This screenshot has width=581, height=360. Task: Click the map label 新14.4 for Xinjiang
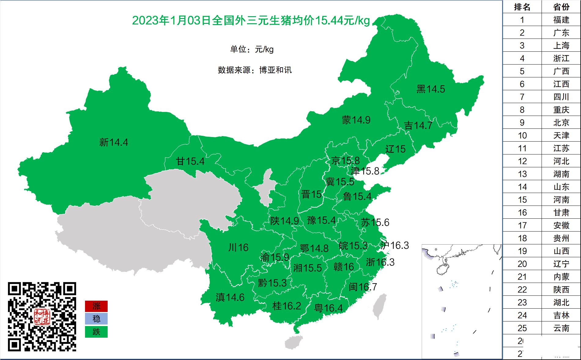(x=113, y=142)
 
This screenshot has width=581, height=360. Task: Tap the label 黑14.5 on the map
(x=431, y=89)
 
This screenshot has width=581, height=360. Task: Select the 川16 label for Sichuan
(x=238, y=247)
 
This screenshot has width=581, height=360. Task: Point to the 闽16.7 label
(x=363, y=287)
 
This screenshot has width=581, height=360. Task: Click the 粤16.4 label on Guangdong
(x=328, y=308)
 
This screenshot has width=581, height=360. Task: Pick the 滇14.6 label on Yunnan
(x=230, y=297)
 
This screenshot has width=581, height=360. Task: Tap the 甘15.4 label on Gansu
(x=190, y=161)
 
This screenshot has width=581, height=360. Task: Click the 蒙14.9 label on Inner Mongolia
(x=356, y=120)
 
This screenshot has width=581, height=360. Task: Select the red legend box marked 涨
(x=96, y=306)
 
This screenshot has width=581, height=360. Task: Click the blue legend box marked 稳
(x=96, y=319)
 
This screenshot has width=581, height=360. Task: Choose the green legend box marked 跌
(x=96, y=332)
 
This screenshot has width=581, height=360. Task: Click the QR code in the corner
(x=42, y=317)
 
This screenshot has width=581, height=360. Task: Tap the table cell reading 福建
(x=561, y=20)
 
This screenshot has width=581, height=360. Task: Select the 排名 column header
(x=522, y=7)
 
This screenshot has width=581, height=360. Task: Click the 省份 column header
(x=561, y=7)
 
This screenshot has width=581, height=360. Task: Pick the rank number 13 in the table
(x=522, y=174)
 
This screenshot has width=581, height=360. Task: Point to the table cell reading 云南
(x=561, y=328)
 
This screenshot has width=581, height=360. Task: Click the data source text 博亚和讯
(x=275, y=70)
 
